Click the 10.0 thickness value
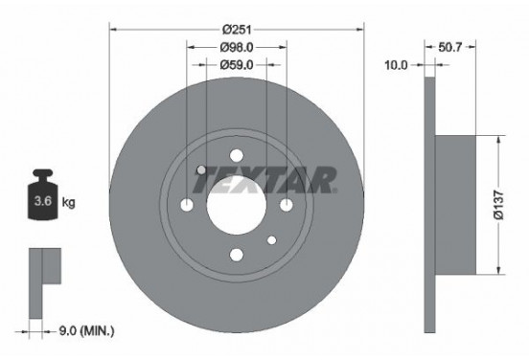396,65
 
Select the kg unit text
69,203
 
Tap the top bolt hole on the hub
236,156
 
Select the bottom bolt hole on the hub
236,255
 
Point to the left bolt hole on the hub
187,205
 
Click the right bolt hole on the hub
286,205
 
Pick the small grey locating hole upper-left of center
201,170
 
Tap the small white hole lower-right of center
271,240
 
